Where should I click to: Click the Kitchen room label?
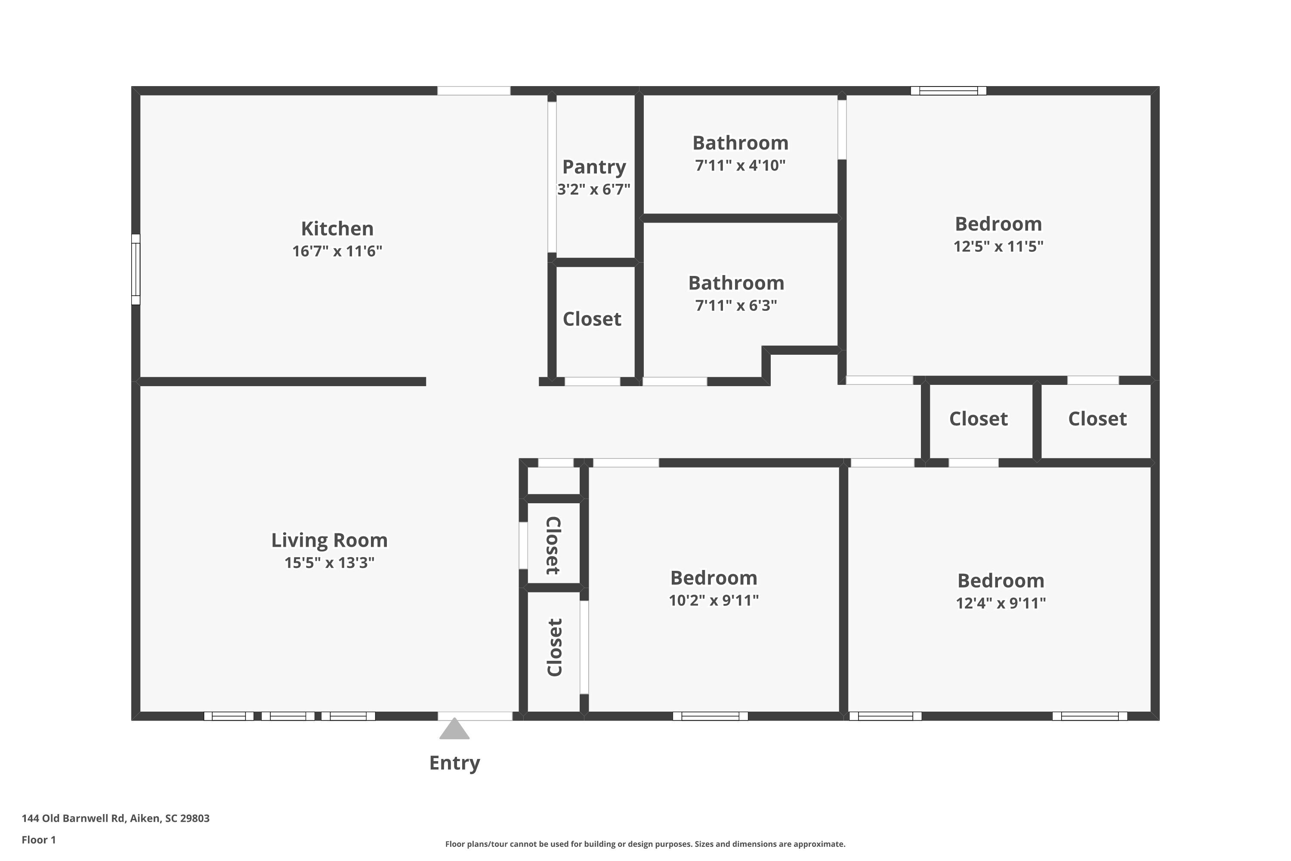(x=337, y=229)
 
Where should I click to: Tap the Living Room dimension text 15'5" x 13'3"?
(x=329, y=563)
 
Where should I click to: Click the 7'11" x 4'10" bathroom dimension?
(x=740, y=165)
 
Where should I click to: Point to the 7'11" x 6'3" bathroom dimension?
(x=736, y=305)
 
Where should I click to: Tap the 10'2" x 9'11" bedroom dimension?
(x=713, y=600)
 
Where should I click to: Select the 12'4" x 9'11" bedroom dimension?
(x=1001, y=603)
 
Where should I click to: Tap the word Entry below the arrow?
(x=454, y=763)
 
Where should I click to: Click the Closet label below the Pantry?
(x=592, y=319)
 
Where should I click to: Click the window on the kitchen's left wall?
(x=136, y=269)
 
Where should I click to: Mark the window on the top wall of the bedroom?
(x=948, y=90)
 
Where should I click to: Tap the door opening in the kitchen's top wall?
(x=474, y=90)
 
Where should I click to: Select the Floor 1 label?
(x=38, y=839)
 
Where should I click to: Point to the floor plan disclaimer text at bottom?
(x=645, y=844)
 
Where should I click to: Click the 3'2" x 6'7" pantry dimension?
(x=594, y=189)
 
